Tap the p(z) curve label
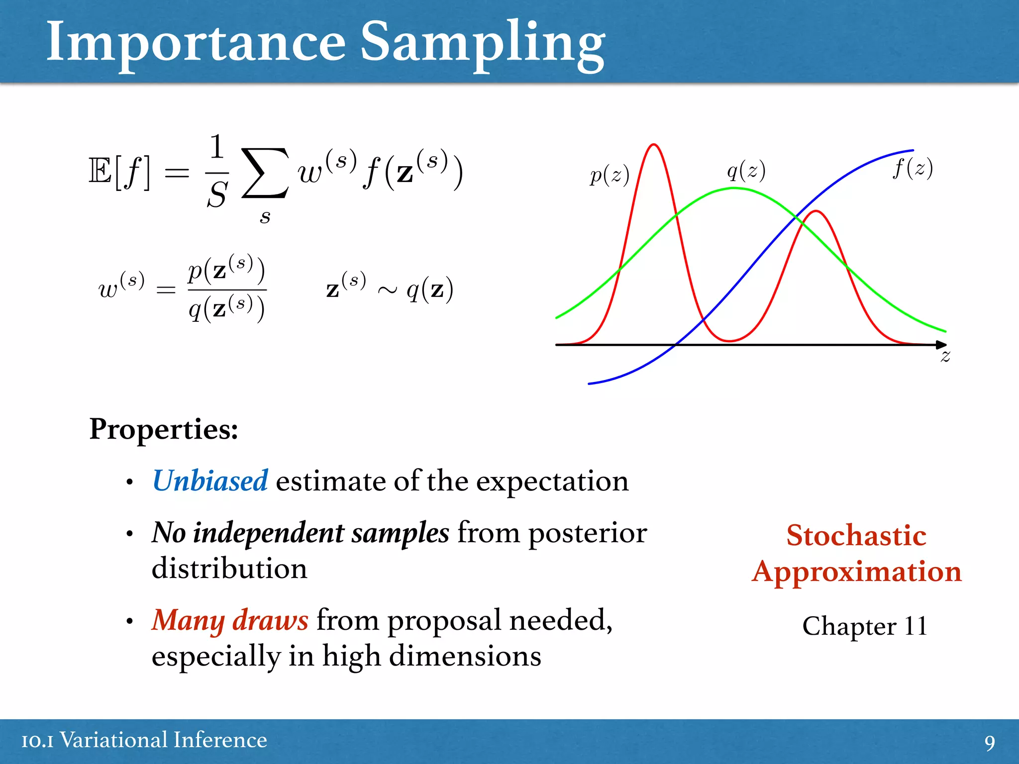(610, 175)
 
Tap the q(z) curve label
(746, 171)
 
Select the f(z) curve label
(913, 168)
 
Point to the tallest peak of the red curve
(654, 145)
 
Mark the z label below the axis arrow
(945, 356)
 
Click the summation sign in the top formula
(265, 173)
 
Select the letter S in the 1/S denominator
(217, 194)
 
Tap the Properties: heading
(164, 429)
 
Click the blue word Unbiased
(210, 481)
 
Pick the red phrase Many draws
(230, 620)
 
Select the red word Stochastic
(856, 536)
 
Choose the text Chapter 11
(865, 626)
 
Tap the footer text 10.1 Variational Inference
(144, 740)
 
